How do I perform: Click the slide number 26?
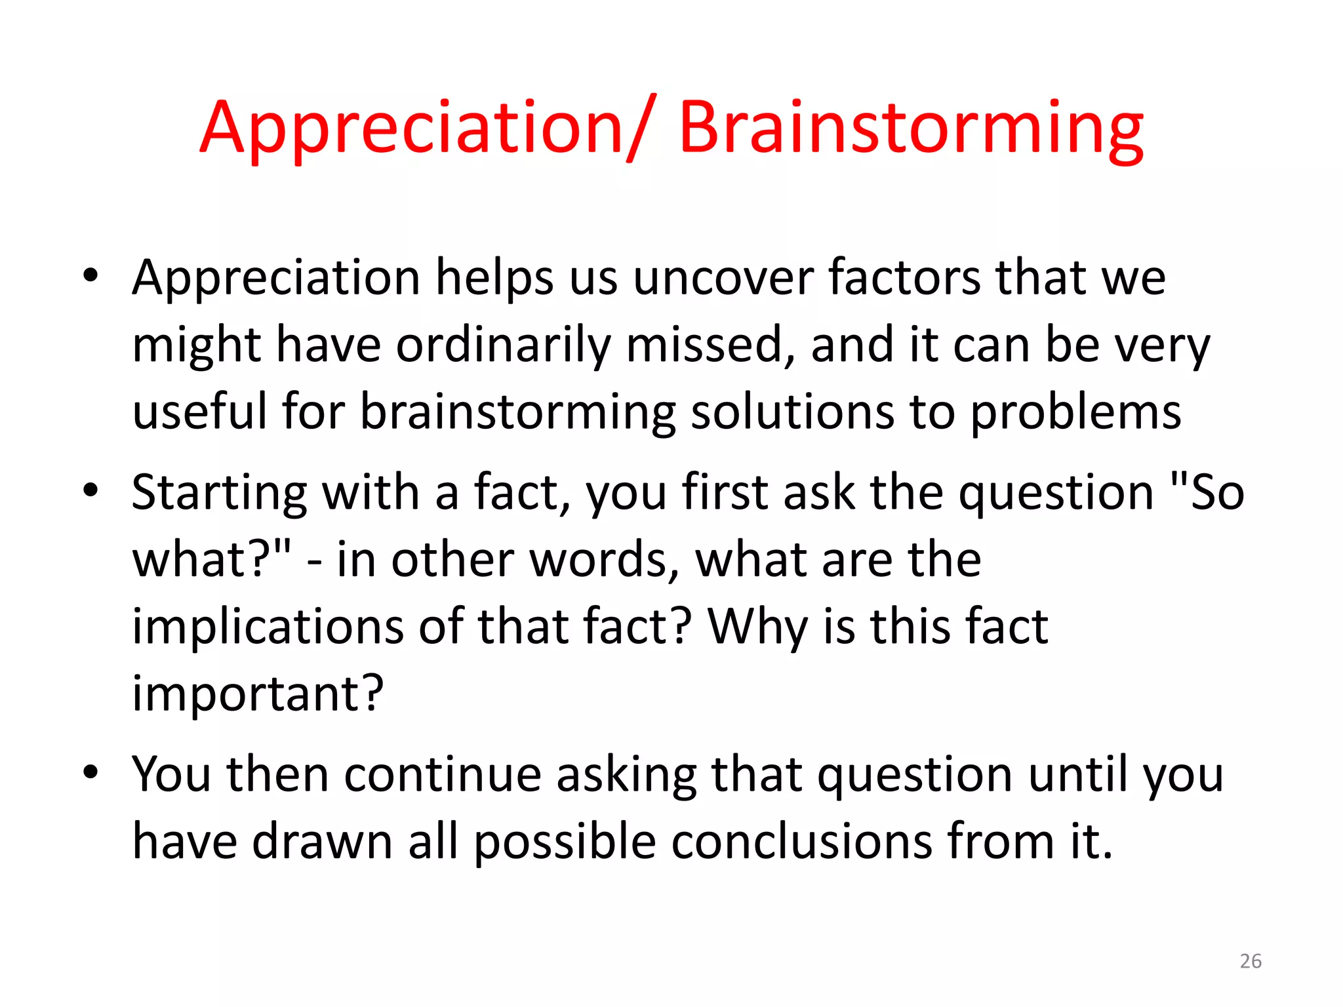point(1251,961)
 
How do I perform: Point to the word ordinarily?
point(502,346)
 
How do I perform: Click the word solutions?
point(792,412)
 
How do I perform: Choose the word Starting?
point(219,493)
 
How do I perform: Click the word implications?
point(268,627)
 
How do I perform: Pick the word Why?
point(758,627)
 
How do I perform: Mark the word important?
point(258,694)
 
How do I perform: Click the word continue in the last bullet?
point(443,775)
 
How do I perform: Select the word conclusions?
point(801,842)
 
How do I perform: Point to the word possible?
point(565,842)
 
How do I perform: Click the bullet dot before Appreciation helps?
point(90,275)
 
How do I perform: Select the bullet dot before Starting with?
point(90,490)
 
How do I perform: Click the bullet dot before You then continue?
point(90,772)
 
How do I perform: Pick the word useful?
point(199,412)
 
